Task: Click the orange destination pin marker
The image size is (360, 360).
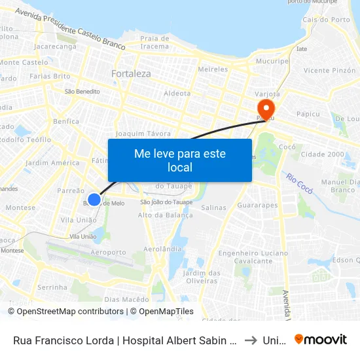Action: click(x=266, y=107)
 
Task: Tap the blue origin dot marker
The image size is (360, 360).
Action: click(x=94, y=200)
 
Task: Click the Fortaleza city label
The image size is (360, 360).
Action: click(x=131, y=74)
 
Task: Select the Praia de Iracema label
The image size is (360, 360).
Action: click(x=155, y=43)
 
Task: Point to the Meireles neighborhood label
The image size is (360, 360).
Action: click(x=213, y=69)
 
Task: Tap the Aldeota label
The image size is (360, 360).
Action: click(x=177, y=94)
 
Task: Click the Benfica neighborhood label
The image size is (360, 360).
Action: click(x=66, y=121)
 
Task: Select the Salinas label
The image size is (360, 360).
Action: click(x=214, y=207)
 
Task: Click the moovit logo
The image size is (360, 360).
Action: click(x=320, y=339)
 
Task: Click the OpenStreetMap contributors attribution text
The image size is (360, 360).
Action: click(x=70, y=312)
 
